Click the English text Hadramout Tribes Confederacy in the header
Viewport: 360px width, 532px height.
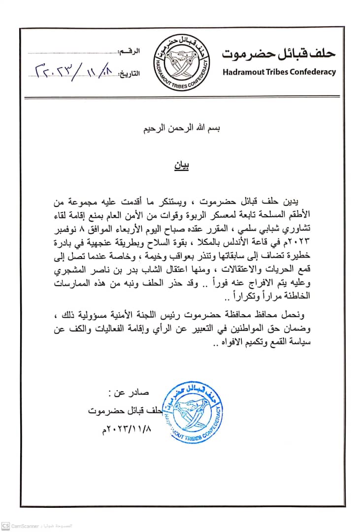click(279, 72)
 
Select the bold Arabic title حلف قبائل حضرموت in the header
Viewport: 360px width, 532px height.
click(279, 53)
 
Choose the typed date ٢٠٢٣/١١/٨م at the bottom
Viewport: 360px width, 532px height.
click(124, 430)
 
